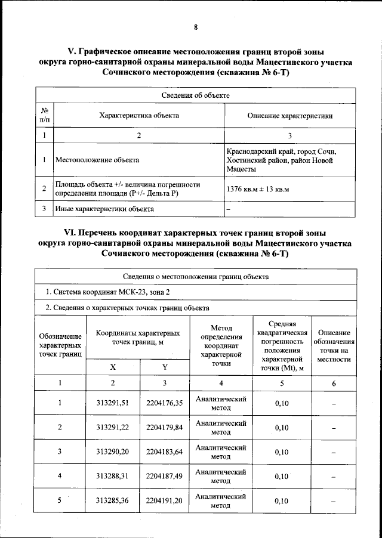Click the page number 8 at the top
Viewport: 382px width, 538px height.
point(195,27)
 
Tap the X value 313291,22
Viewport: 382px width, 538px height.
point(113,428)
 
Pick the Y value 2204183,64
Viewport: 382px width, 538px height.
point(164,452)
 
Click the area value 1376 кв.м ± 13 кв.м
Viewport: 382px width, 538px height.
point(257,190)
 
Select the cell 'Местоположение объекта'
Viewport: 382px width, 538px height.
point(97,160)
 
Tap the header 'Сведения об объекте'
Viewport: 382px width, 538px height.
point(195,95)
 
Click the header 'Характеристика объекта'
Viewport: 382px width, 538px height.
point(138,116)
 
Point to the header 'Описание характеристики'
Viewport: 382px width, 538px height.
point(289,116)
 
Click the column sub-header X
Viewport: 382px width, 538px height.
point(113,367)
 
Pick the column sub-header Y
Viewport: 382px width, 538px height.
point(164,367)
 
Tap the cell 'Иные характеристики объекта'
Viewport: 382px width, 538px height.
point(104,209)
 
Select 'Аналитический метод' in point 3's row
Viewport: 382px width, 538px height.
point(221,452)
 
